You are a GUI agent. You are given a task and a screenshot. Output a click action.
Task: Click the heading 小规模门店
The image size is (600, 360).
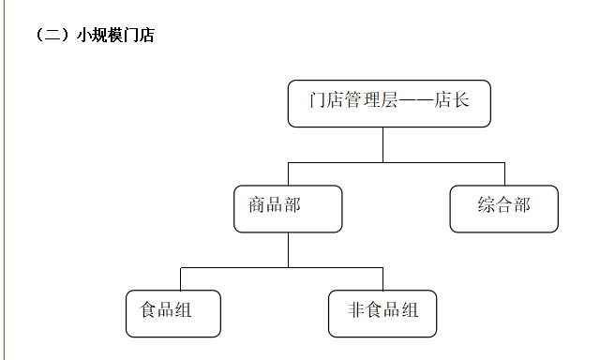115,36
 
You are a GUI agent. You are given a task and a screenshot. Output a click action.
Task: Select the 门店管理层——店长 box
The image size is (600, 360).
389,103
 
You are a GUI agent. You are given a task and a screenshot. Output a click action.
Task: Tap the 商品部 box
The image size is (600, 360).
288,208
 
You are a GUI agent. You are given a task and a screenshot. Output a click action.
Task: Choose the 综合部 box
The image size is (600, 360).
503,208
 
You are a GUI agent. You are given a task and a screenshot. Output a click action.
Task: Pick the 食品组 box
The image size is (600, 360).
173,313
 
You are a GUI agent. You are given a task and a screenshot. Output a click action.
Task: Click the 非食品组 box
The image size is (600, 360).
382,313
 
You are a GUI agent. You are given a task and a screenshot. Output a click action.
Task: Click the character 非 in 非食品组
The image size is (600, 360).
356,310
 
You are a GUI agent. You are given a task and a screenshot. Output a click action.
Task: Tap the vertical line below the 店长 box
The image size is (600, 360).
382,144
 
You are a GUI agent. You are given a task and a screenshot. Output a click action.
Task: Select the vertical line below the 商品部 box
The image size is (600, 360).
288,249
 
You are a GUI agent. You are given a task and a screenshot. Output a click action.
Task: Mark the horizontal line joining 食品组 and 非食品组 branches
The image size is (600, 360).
281,267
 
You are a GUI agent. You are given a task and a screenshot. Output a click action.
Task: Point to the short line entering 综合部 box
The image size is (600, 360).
504,174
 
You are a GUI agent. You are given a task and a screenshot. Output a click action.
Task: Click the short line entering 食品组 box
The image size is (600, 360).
180,279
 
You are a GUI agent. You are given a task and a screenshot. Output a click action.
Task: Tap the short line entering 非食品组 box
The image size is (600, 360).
382,279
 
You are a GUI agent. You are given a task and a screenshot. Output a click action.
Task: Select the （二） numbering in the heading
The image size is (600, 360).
52,36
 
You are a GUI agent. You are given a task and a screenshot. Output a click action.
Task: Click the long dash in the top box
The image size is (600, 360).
415,100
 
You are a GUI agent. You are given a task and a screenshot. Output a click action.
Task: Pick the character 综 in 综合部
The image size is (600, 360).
487,205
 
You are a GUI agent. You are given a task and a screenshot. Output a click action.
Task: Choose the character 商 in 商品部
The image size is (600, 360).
258,205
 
